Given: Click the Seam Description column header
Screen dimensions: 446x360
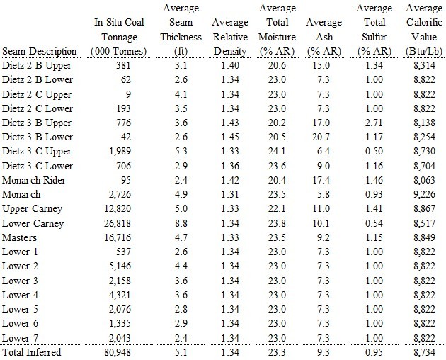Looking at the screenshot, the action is pyautogui.click(x=40, y=52).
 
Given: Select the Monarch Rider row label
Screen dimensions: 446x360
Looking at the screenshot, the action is pyautogui.click(x=34, y=180).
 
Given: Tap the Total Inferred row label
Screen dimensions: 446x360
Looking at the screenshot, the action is pyautogui.click(x=32, y=352).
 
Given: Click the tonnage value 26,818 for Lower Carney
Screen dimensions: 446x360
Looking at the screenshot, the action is pyautogui.click(x=118, y=223).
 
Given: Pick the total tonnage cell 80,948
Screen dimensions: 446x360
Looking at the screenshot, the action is pyautogui.click(x=118, y=352).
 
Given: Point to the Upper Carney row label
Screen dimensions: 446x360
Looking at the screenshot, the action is pyautogui.click(x=32, y=209).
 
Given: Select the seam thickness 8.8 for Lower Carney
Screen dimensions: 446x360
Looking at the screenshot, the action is pyautogui.click(x=181, y=223).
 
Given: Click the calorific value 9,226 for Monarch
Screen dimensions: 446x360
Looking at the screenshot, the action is pyautogui.click(x=424, y=194).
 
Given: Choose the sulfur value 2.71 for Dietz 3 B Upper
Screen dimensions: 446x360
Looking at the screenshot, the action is pyautogui.click(x=374, y=123).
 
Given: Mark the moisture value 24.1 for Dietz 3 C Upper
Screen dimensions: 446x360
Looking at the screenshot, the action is pyautogui.click(x=277, y=152).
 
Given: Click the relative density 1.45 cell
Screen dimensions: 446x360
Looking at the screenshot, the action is pyautogui.click(x=230, y=137).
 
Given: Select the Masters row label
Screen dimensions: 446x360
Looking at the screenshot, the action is pyautogui.click(x=19, y=238).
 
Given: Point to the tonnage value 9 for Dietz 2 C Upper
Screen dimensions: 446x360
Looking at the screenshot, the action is pyautogui.click(x=128, y=94).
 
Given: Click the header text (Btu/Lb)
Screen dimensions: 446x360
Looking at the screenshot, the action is pyautogui.click(x=424, y=52).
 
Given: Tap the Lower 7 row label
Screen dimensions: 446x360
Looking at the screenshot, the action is pyautogui.click(x=20, y=338).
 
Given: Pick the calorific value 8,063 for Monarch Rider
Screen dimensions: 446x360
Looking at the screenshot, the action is pyautogui.click(x=424, y=180).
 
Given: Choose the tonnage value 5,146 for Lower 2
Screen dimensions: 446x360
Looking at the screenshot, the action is pyautogui.click(x=120, y=266).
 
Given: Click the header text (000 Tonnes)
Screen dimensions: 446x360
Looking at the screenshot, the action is pyautogui.click(x=119, y=52).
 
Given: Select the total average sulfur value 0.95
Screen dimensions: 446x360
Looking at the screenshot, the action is pyautogui.click(x=374, y=352).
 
